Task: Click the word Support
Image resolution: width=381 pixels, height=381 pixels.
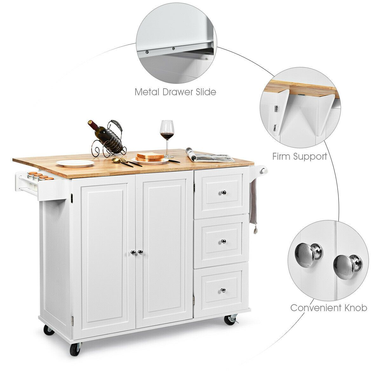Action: (x=311, y=157)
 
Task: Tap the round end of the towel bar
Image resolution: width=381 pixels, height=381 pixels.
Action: (x=263, y=170)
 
